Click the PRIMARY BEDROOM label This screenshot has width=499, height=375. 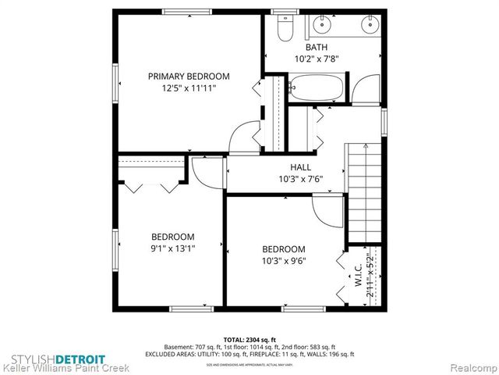click(189, 76)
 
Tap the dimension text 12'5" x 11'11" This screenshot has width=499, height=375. click(189, 89)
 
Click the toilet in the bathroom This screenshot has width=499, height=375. click(285, 29)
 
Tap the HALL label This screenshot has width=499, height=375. click(300, 167)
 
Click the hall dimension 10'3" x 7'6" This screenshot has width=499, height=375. click(300, 179)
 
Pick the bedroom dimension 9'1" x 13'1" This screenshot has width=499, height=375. click(173, 248)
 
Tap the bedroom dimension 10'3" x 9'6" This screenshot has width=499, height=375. click(284, 261)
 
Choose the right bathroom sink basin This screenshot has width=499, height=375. click(367, 25)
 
